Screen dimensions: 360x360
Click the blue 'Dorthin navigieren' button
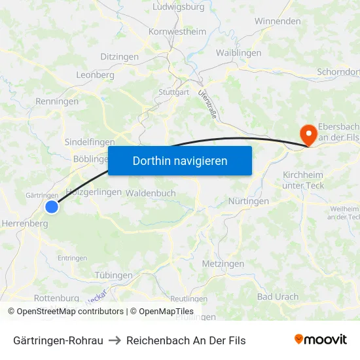tap(180, 160)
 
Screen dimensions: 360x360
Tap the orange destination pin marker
tap(306, 134)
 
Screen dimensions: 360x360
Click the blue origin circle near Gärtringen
tap(52, 207)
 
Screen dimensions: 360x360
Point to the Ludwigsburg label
tap(178, 7)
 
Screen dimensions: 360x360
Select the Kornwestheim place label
tap(177, 31)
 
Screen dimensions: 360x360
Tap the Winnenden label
tap(278, 21)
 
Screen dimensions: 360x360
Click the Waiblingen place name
tap(238, 53)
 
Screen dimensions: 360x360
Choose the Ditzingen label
tap(119, 57)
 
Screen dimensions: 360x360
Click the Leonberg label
tap(96, 75)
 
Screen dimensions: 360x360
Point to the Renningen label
tap(57, 101)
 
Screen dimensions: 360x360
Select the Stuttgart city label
tap(173, 92)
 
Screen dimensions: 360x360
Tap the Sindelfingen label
tap(90, 142)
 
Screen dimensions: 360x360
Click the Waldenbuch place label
tap(151, 193)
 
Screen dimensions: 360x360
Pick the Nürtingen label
tap(249, 202)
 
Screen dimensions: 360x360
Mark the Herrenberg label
tap(25, 223)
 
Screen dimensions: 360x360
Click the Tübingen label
tap(113, 276)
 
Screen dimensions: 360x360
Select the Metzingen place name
tap(223, 264)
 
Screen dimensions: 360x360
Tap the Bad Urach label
tap(278, 297)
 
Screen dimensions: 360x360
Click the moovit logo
tap(321, 339)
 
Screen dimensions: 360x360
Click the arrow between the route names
tap(115, 340)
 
